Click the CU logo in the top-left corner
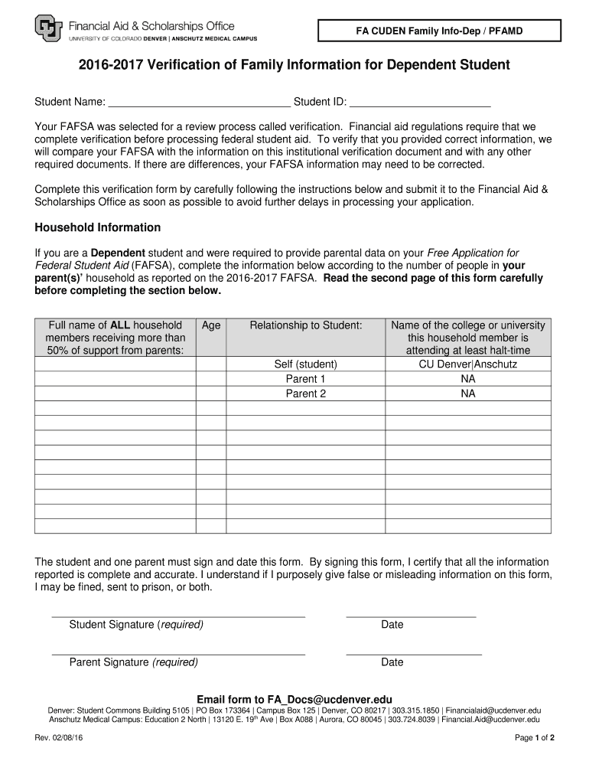49,30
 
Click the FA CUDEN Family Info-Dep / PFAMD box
438,31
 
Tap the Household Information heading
98,227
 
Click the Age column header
211,325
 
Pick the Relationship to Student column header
306,325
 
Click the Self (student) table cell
306,364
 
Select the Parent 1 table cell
306,379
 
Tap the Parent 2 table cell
306,394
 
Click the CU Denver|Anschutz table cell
467,364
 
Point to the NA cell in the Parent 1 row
467,379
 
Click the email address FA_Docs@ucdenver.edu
329,699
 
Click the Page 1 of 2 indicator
534,738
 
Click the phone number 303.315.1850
415,710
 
